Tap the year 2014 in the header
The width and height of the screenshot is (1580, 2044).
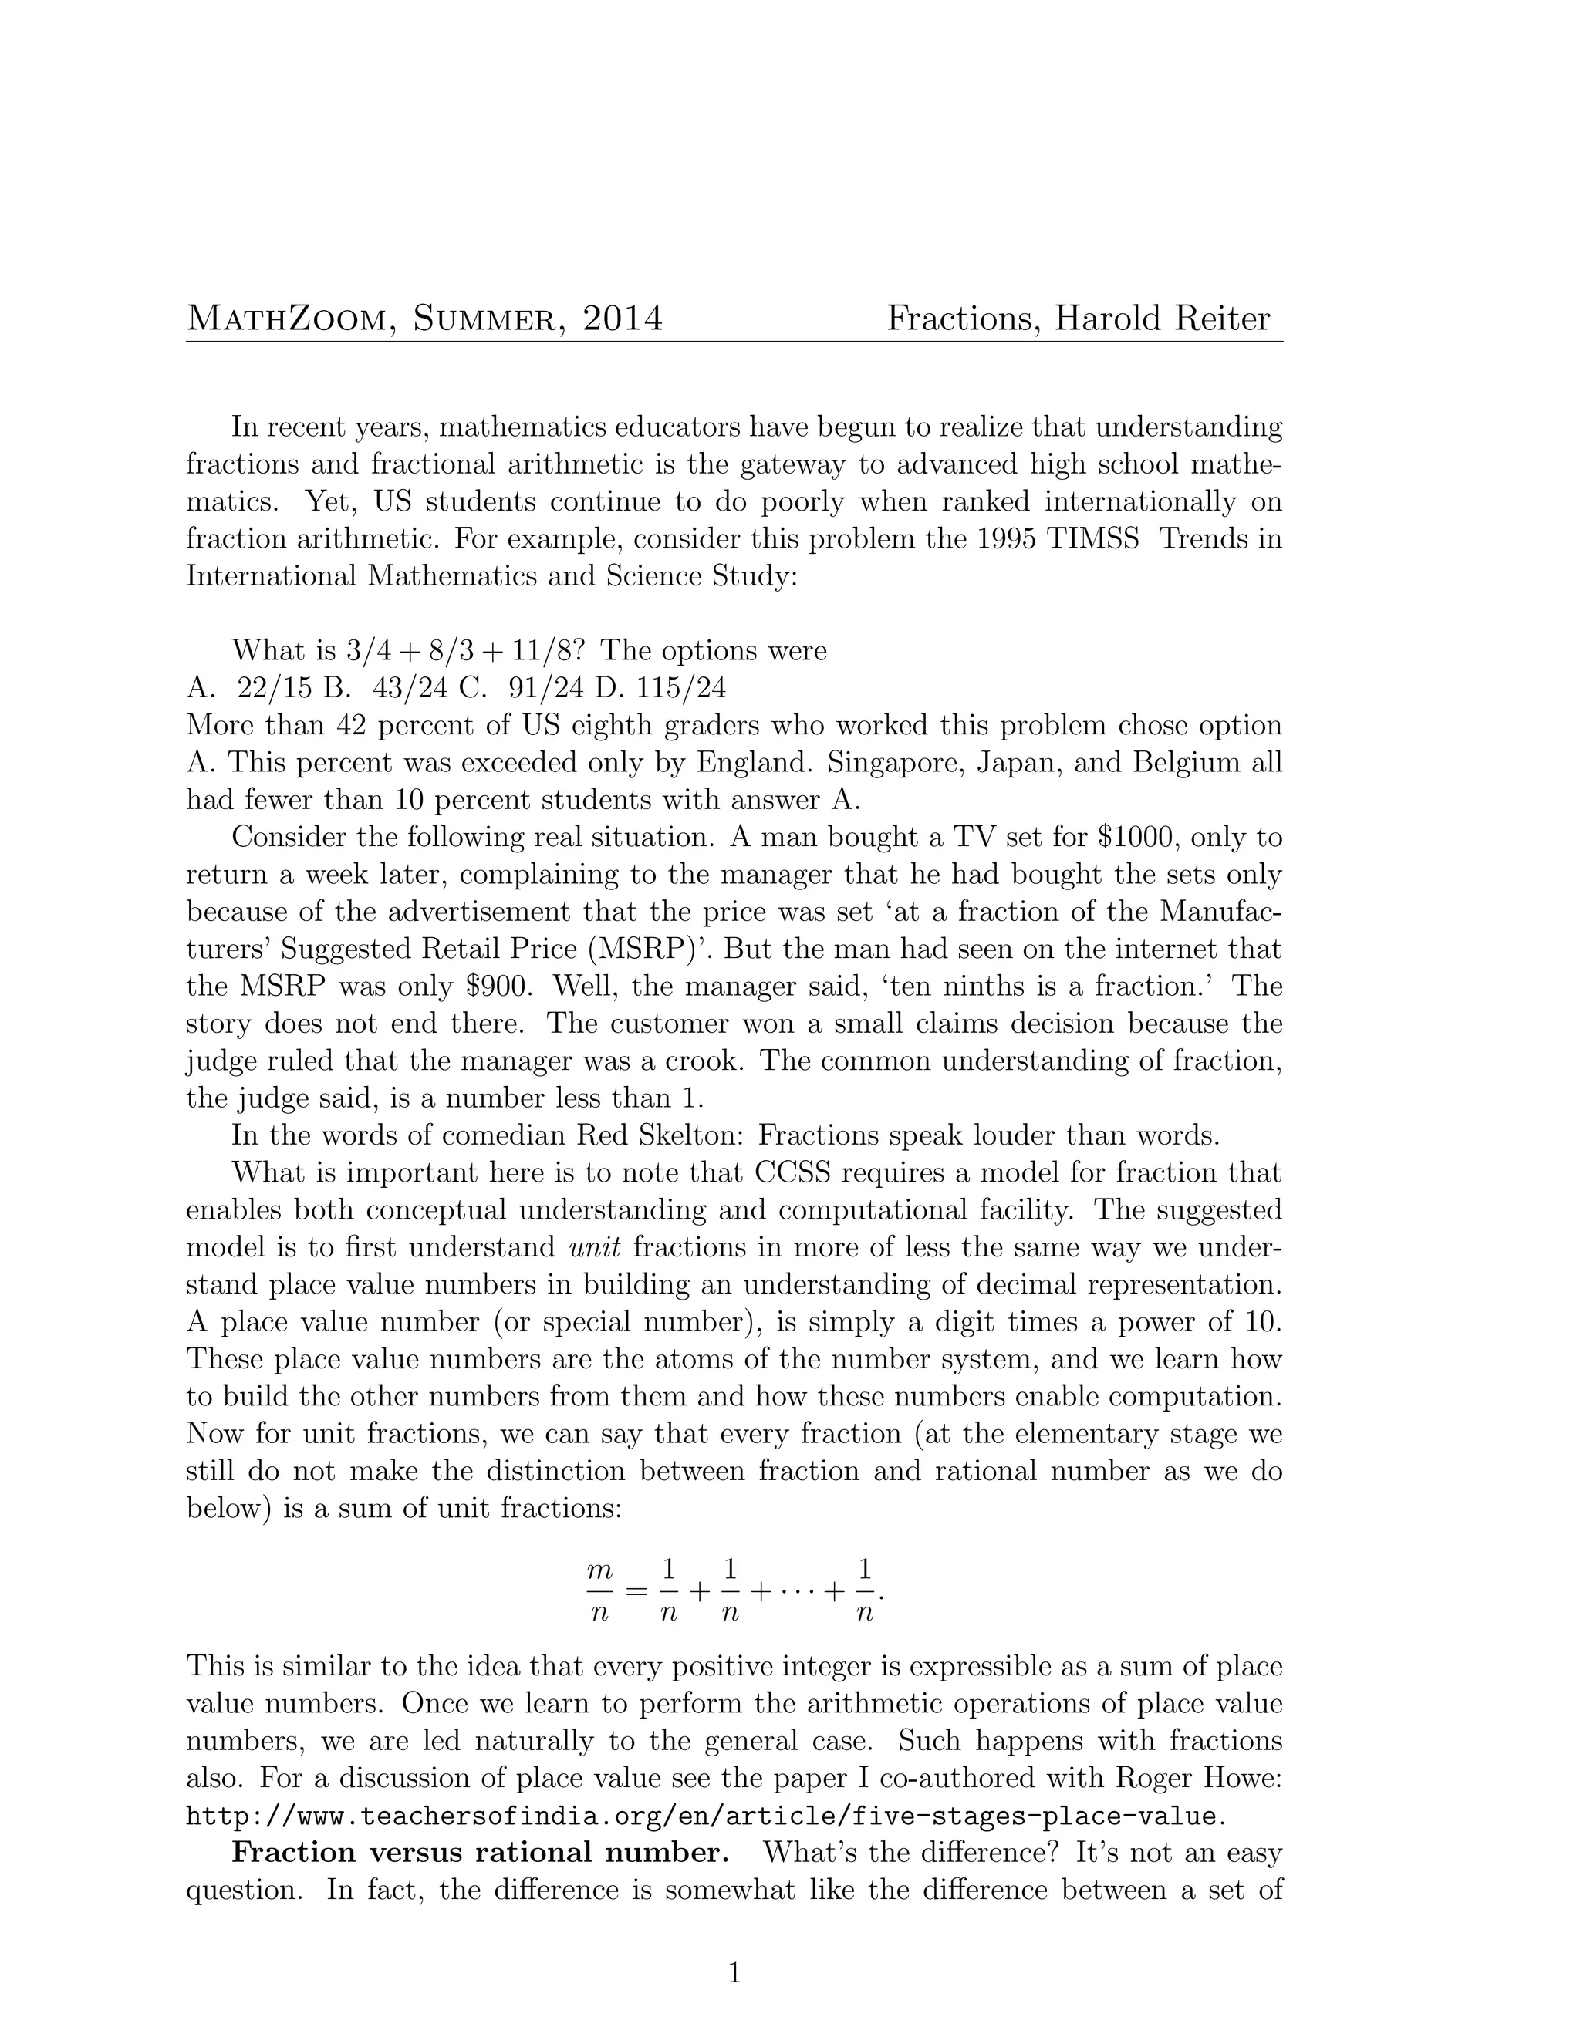[x=623, y=319]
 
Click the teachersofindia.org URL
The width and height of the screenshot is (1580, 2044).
[x=704, y=1816]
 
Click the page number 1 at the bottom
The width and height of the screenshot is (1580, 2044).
[x=734, y=1975]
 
